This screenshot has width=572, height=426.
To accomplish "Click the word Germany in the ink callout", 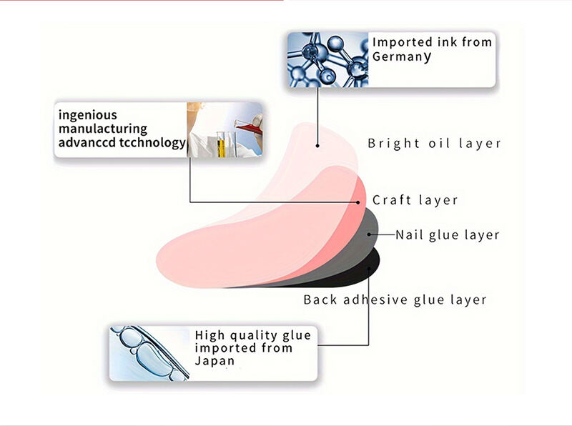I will (402, 57).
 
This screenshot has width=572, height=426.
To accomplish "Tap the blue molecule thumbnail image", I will (328, 59).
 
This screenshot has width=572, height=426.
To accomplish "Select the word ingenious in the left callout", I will (88, 114).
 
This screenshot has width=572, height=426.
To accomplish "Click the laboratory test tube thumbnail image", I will (225, 129).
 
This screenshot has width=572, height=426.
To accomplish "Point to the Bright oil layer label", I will (434, 144).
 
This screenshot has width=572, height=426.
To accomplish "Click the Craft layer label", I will (415, 200).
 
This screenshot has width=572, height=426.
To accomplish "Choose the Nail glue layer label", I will (448, 234).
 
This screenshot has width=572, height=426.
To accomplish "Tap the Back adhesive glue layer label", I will (395, 299).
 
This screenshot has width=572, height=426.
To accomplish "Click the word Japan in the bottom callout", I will (214, 361).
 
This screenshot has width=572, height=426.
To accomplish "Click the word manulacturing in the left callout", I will (103, 129).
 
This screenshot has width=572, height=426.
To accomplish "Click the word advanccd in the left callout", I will (82, 143).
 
